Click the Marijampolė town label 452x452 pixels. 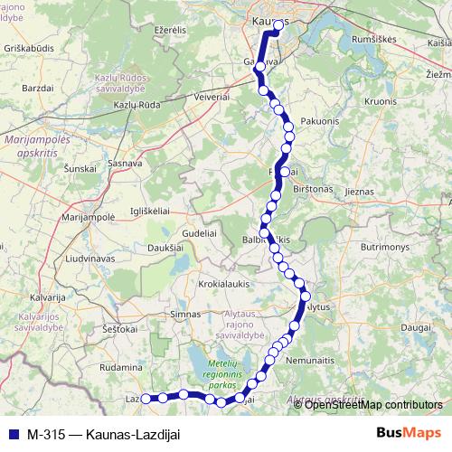[87, 217]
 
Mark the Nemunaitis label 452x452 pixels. [334, 360]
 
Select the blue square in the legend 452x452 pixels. [13, 433]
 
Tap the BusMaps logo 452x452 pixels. [407, 432]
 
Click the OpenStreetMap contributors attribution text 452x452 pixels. [373, 404]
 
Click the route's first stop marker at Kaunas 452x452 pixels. [278, 25]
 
